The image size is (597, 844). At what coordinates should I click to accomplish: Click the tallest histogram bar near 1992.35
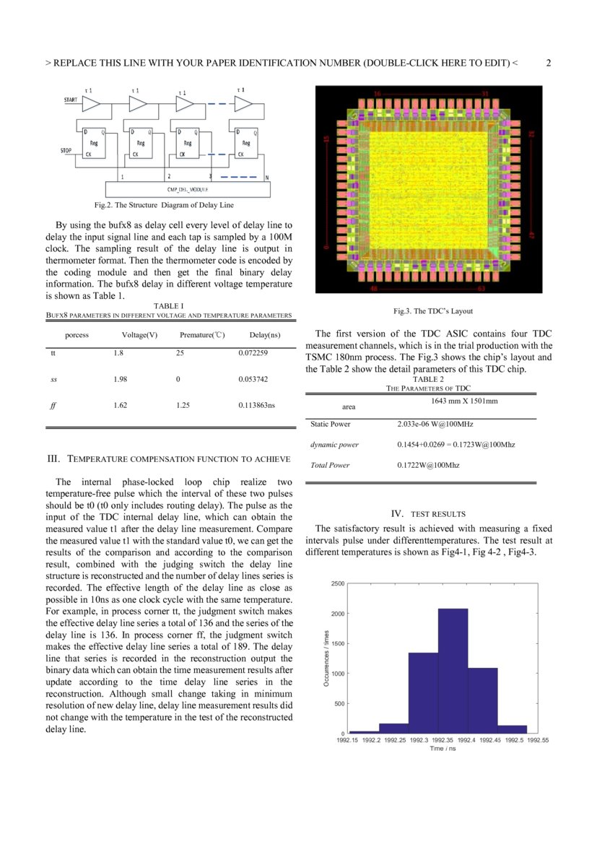pos(453,671)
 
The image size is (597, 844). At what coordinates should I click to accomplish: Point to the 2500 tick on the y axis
pos(337,583)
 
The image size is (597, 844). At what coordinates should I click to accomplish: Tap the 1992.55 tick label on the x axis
pos(538,740)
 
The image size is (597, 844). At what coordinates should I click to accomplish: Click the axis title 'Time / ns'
pos(443,749)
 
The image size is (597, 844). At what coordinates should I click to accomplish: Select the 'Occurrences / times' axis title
pos(326,658)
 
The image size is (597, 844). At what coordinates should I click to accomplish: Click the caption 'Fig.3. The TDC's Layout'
pos(429,311)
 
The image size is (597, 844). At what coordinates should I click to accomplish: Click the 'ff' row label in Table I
pos(53,406)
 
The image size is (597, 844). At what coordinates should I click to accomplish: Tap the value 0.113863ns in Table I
pos(256,406)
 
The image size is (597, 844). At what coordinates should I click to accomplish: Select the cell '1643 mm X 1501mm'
pos(464,401)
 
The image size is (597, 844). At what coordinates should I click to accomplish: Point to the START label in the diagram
pos(71,100)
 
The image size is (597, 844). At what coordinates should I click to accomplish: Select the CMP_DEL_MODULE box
pos(188,188)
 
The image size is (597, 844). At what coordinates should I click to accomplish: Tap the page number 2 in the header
pos(549,63)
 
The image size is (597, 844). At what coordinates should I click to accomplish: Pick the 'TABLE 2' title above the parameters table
pos(428,379)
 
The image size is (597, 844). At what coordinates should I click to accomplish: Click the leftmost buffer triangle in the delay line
pos(91,104)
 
